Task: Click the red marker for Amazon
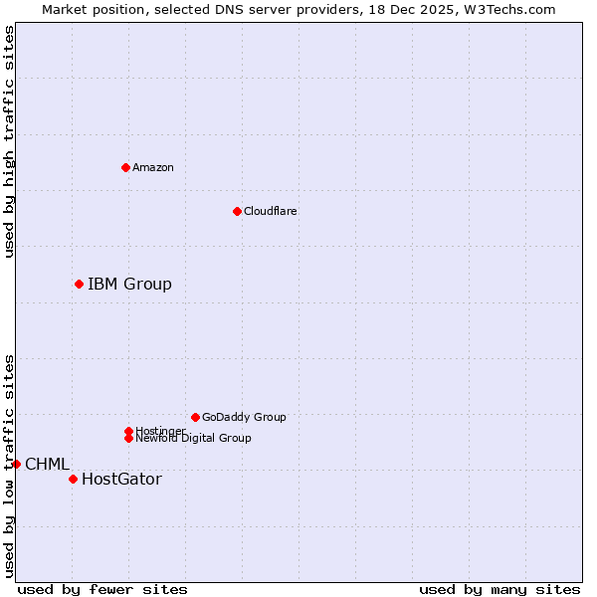coord(125,167)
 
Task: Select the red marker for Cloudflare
coord(237,211)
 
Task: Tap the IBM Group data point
coord(79,285)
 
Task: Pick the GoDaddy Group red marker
coord(195,417)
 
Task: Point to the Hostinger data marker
coord(128,431)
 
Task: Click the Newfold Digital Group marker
coord(128,438)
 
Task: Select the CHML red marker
coord(16,464)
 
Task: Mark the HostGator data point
coord(73,480)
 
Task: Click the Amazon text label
coord(153,167)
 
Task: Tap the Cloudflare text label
coord(271,211)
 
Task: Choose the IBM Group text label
coord(129,285)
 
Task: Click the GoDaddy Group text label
coord(244,417)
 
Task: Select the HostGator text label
coord(121,480)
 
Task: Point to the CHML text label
coord(47,464)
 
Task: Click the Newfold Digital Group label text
coord(193,439)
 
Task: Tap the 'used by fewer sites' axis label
coord(102,590)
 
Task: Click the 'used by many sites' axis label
coord(499,590)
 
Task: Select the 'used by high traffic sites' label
coord(9,141)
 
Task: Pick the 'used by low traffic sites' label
coord(9,466)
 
